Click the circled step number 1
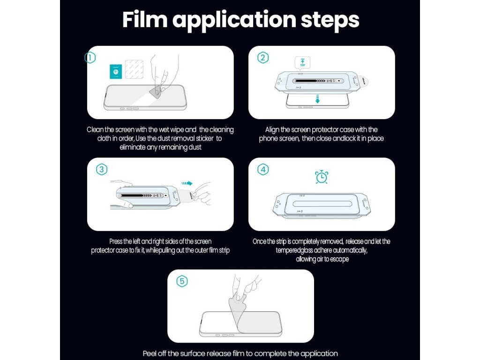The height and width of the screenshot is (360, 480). pos(90,57)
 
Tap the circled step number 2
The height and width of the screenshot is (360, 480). pos(263,57)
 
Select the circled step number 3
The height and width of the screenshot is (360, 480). pos(102,169)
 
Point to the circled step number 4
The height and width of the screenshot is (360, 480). pos(263,169)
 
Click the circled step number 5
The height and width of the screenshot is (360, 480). pos(182,281)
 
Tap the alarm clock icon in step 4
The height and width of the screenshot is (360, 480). pos(322,177)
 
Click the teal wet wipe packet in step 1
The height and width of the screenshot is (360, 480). pos(116,72)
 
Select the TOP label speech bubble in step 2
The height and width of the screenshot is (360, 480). pos(302,63)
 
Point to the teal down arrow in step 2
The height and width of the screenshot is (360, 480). pos(317,99)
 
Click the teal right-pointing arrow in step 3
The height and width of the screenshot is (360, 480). pos(187,183)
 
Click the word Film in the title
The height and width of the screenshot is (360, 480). pos(145,20)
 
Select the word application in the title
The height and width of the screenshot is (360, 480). pos(234,21)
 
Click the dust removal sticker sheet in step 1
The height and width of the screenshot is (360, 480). pos(134,69)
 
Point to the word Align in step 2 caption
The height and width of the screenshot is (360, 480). pos(272,130)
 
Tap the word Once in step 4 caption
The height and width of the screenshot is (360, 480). pos(259,241)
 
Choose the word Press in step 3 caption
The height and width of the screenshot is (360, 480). pos(116,241)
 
